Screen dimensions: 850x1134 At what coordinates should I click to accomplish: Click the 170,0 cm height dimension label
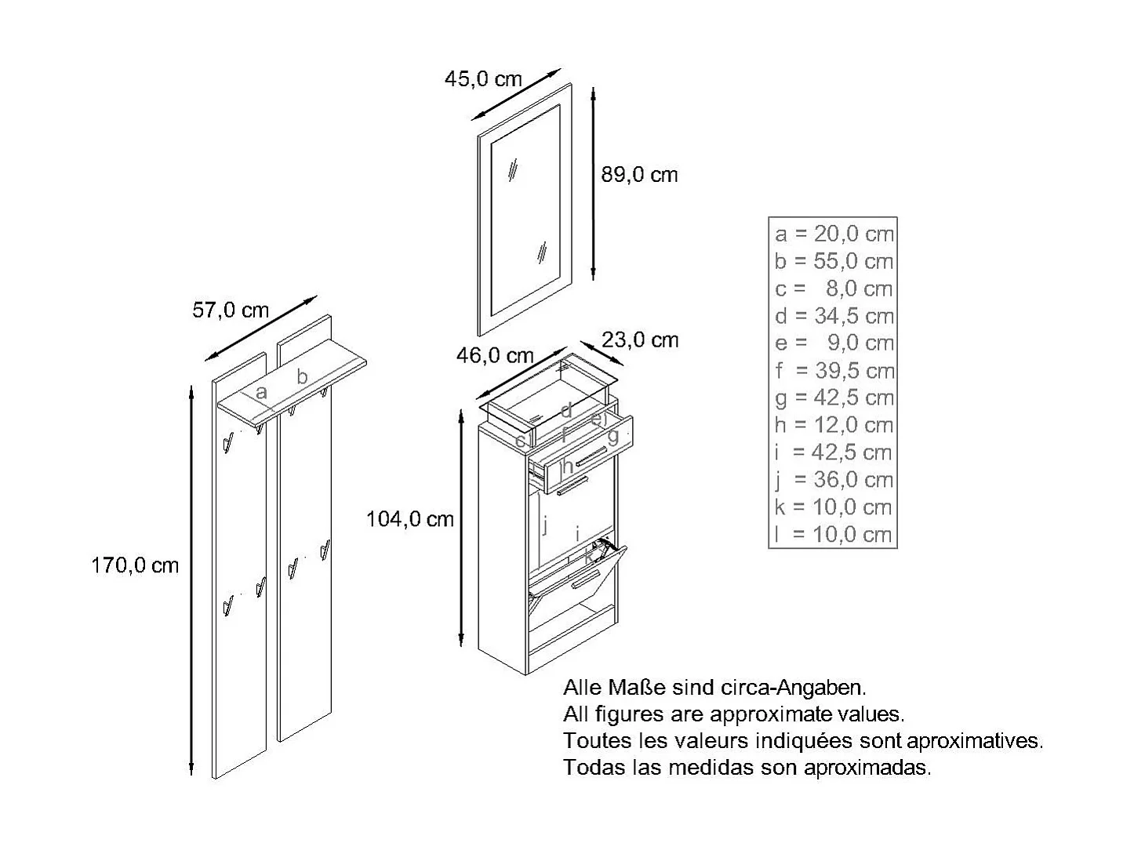coord(135,565)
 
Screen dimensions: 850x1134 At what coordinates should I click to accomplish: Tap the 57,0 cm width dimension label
coord(231,311)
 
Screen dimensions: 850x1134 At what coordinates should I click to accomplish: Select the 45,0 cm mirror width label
coord(483,78)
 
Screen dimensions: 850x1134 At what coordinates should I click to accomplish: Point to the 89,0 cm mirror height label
coord(639,175)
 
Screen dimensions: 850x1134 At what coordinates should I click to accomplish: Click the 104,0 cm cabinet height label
coord(410,519)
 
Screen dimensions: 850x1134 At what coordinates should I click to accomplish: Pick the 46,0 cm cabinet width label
coord(495,356)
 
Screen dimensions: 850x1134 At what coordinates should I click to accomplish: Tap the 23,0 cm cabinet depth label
coord(640,340)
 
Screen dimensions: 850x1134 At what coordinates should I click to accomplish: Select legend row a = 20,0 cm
coord(834,234)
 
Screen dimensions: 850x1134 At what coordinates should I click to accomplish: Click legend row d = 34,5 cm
coord(834,316)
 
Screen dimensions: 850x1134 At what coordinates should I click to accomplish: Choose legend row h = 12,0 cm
coord(834,425)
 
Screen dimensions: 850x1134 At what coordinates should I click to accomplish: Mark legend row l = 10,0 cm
coord(834,535)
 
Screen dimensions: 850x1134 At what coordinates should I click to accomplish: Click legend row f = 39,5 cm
coord(834,370)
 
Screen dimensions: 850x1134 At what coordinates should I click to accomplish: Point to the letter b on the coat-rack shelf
coord(302,376)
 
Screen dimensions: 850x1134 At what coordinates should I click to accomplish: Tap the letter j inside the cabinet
coord(544,524)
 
